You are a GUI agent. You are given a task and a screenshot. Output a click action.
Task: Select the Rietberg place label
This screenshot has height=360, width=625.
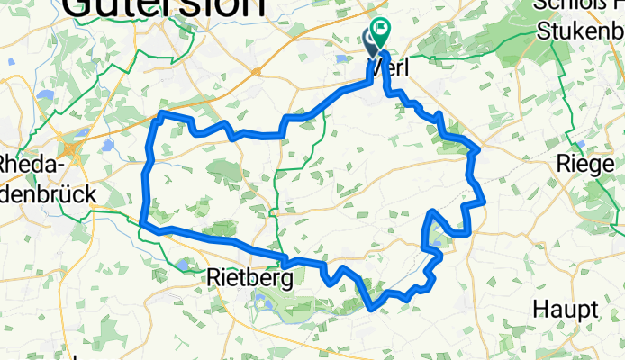(249, 278)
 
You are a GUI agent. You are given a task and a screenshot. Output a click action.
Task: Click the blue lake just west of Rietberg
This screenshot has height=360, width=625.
(184, 264)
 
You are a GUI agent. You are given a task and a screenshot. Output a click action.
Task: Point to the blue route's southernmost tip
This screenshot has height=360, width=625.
(371, 309)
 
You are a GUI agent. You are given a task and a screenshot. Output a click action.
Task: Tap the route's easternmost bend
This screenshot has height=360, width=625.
(484, 201)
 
